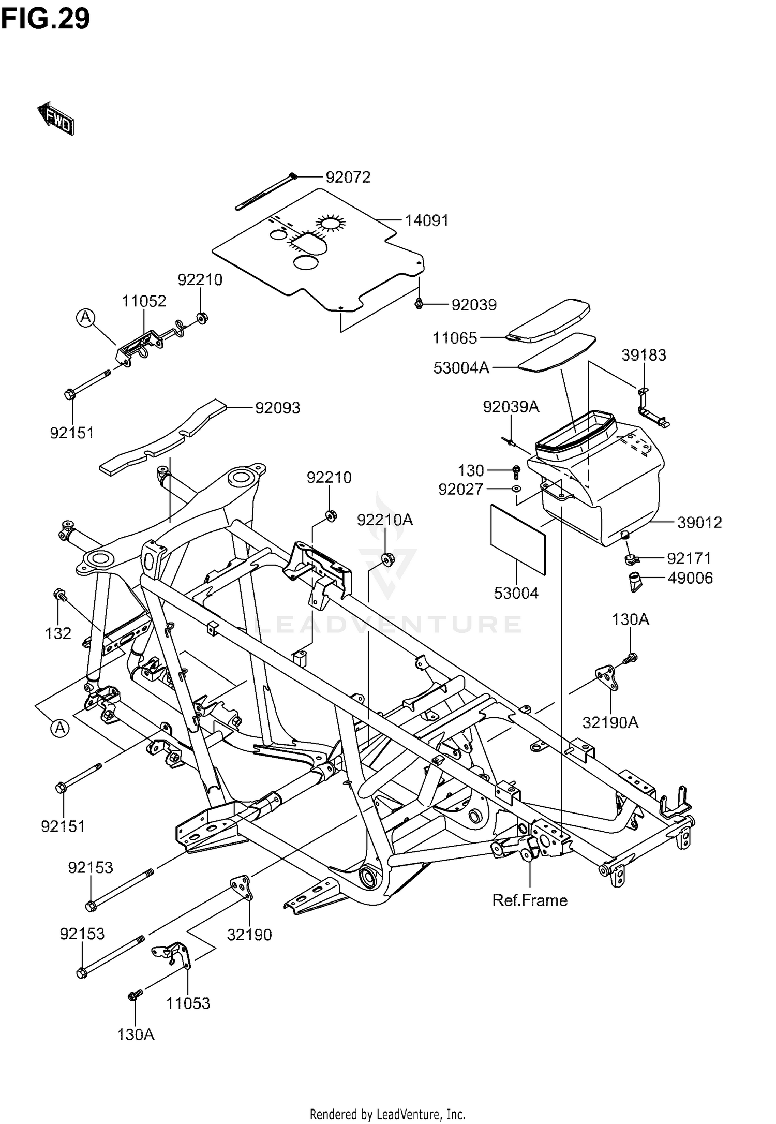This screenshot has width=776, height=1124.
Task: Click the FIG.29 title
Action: (45, 19)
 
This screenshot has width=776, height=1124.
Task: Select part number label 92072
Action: (348, 178)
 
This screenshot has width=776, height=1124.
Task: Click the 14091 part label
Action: (426, 221)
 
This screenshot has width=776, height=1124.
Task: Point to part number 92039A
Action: (511, 407)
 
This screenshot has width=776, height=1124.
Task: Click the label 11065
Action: (455, 338)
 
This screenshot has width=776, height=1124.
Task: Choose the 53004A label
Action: (461, 368)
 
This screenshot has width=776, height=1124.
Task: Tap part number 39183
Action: (644, 355)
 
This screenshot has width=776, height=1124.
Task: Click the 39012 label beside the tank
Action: (699, 523)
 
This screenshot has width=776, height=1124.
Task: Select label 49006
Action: (690, 578)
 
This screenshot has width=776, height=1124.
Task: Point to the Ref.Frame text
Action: (530, 900)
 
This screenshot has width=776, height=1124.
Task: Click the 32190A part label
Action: (610, 722)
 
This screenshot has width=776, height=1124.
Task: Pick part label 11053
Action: (188, 1003)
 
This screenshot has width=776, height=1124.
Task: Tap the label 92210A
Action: (385, 520)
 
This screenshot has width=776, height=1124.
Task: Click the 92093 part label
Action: (277, 408)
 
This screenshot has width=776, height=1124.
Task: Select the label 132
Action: (58, 633)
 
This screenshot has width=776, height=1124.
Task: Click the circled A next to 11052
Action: (86, 317)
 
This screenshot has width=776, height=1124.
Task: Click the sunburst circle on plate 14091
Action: (330, 224)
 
